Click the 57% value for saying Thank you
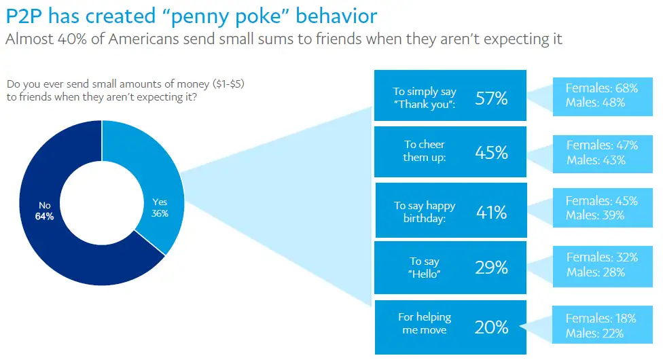[x=491, y=98]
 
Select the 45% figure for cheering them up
[x=491, y=153]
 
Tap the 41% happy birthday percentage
[x=491, y=213]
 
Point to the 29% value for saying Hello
[x=491, y=268]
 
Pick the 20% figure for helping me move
[x=491, y=327]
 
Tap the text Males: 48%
[x=596, y=103]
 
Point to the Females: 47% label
[x=601, y=145]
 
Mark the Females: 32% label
[x=601, y=257]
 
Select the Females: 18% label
[x=601, y=318]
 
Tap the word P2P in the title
[x=26, y=16]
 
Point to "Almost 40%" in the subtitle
[x=41, y=39]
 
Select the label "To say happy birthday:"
[x=425, y=211]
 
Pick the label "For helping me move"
[x=425, y=323]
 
